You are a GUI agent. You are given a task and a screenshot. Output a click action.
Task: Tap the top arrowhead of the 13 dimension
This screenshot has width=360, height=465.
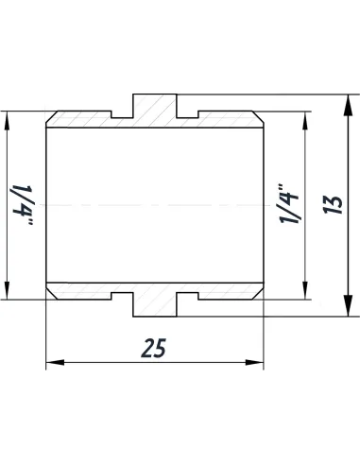(350, 98)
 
